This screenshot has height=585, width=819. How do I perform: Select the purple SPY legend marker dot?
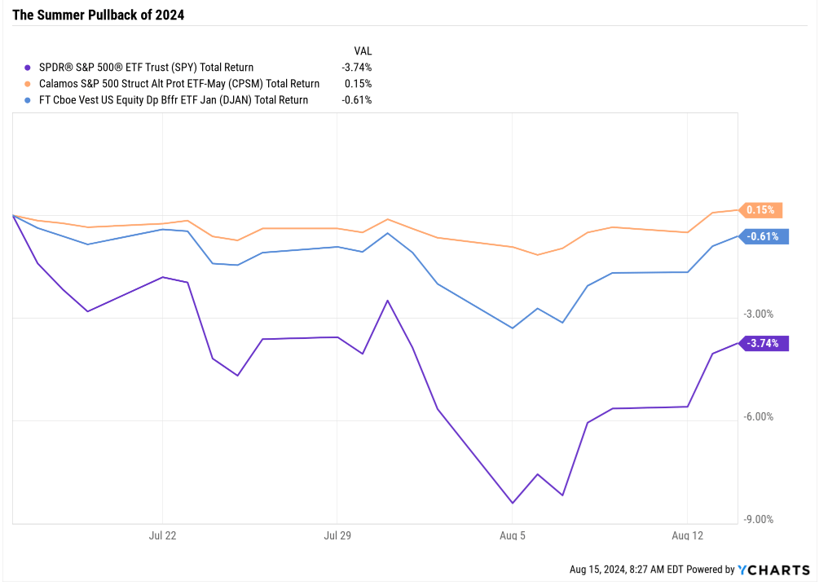pyautogui.click(x=29, y=68)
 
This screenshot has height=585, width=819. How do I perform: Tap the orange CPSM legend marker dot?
pyautogui.click(x=29, y=84)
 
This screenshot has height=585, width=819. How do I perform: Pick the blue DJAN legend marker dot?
pyautogui.click(x=29, y=100)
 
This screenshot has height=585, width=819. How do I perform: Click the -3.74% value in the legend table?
pyautogui.click(x=357, y=68)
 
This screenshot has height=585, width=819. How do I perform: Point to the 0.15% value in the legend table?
pyautogui.click(x=359, y=84)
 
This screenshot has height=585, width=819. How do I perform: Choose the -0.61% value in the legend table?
pyautogui.click(x=357, y=100)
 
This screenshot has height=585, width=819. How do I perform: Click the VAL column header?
pyautogui.click(x=363, y=51)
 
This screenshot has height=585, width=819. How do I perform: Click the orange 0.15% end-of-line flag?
pyautogui.click(x=761, y=210)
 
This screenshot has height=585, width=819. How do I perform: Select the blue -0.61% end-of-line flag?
pyautogui.click(x=764, y=237)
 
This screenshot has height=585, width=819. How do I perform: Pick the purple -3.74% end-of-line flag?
pyautogui.click(x=764, y=343)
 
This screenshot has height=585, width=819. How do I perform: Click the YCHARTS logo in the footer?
pyautogui.click(x=773, y=570)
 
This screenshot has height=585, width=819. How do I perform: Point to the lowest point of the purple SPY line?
pyautogui.click(x=513, y=503)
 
